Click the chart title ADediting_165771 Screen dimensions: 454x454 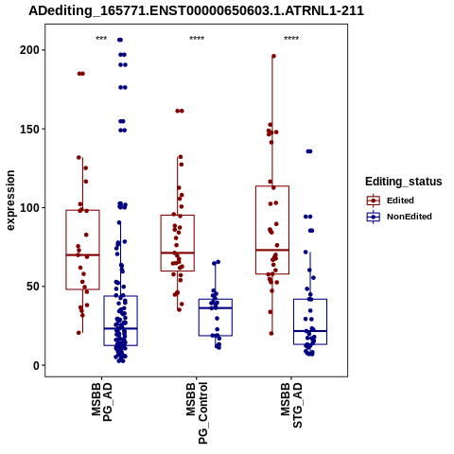[x=196, y=10]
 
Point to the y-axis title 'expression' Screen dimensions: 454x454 [x=10, y=201]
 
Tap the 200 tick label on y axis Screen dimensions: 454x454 [x=28, y=50]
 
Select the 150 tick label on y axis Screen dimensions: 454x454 [x=28, y=129]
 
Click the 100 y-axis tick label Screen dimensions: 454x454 [x=28, y=208]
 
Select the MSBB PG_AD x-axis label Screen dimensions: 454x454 [x=101, y=402]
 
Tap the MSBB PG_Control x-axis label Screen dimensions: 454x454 [x=197, y=413]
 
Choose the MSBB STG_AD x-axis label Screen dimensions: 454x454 [x=291, y=406]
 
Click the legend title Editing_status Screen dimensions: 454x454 [x=404, y=182]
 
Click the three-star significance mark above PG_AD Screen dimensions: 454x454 [x=101, y=39]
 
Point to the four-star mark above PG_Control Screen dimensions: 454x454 [x=197, y=39]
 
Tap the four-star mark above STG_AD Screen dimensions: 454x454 [x=291, y=39]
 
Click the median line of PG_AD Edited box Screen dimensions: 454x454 [x=82, y=254]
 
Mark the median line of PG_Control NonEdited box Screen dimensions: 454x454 [x=216, y=308]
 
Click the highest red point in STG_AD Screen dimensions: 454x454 [x=273, y=56]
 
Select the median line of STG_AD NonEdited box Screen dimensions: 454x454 [x=310, y=331]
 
